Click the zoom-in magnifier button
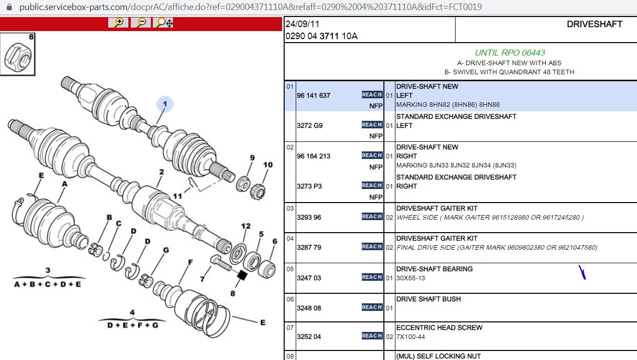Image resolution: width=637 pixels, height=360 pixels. click(118, 23)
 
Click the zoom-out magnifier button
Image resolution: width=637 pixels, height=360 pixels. click(140, 23)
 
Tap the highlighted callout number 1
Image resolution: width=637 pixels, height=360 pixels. click(165, 104)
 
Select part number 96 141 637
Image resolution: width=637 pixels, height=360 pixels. click(313, 96)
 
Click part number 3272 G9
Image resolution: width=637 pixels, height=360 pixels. click(310, 126)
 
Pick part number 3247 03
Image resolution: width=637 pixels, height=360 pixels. click(309, 278)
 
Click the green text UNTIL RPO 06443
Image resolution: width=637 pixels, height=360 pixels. click(510, 53)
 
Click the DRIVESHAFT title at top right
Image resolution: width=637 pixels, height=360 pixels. click(594, 24)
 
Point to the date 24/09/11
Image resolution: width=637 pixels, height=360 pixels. click(302, 24)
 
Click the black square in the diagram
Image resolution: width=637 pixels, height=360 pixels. click(242, 275)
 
